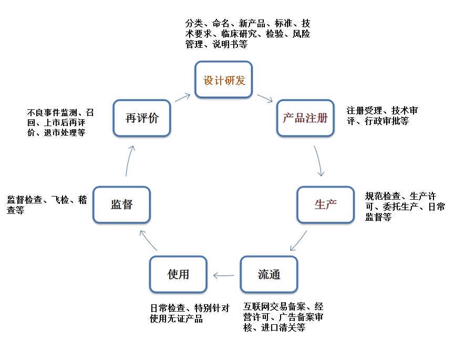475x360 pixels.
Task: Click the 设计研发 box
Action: click(224, 80)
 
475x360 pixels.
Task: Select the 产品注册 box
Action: click(305, 118)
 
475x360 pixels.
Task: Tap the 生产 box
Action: click(325, 204)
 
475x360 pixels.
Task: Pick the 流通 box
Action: click(269, 274)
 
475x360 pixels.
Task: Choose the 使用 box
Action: click(178, 274)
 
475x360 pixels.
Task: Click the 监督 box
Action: click(121, 204)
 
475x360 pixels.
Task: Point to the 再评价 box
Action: click(142, 118)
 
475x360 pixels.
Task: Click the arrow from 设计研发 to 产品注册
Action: click(264, 98)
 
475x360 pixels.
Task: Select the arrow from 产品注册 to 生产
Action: click(319, 160)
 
